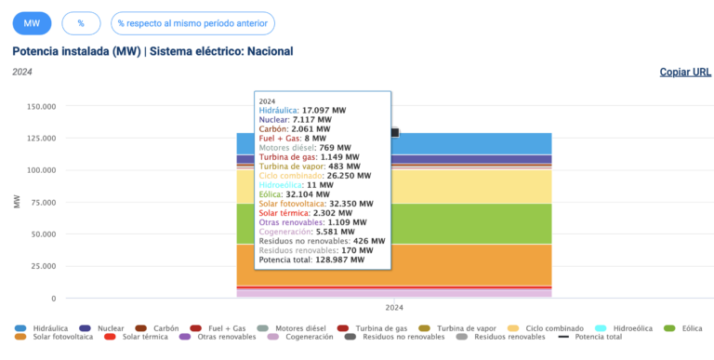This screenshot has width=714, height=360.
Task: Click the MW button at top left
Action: (x=32, y=23)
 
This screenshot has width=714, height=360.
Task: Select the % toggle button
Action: (x=81, y=23)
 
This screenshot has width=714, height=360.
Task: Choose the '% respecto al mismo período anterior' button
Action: (x=192, y=23)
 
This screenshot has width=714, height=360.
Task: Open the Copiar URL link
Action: (x=685, y=72)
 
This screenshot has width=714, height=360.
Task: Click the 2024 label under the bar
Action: (x=394, y=308)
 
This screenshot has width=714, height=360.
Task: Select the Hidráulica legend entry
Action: (x=49, y=329)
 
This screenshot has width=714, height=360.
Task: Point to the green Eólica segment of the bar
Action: (x=465, y=223)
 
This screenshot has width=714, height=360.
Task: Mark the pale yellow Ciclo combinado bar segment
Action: (x=465, y=186)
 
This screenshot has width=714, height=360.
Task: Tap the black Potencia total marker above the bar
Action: (x=394, y=133)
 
